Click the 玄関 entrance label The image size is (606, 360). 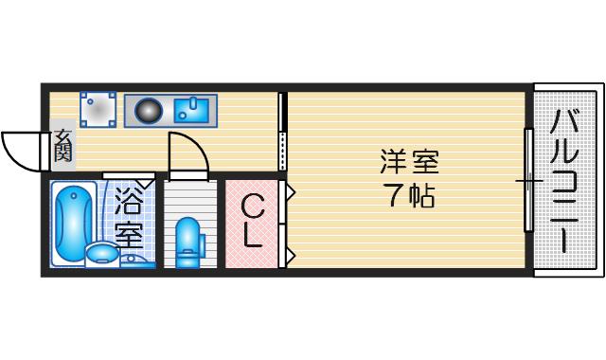(63, 145)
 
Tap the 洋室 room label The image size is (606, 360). (410, 162)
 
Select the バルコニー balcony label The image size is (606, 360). (564, 181)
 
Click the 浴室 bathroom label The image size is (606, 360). (130, 217)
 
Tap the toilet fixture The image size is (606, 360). (188, 243)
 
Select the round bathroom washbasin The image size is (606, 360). (101, 253)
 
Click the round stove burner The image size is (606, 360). (148, 111)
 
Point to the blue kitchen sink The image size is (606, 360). (191, 110)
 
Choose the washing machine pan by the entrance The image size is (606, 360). (98, 110)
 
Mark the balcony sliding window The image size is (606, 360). (528, 180)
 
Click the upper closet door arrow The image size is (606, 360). (291, 191)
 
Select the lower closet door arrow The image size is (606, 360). (291, 255)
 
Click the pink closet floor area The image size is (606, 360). (252, 225)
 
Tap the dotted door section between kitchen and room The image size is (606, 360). (282, 151)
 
